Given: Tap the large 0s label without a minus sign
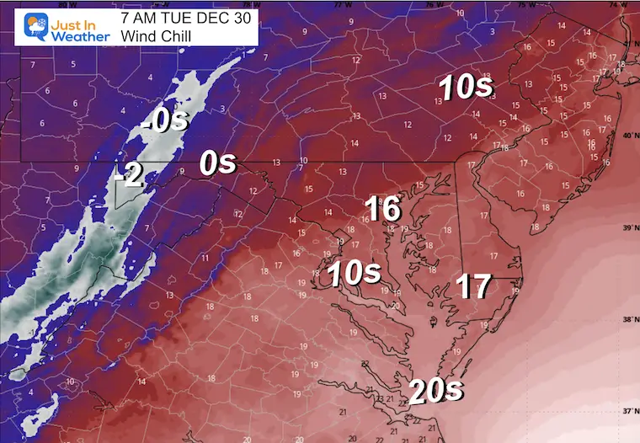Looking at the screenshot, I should click(217, 163).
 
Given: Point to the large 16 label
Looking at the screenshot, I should click(382, 209).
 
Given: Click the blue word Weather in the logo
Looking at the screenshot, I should click(80, 36).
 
